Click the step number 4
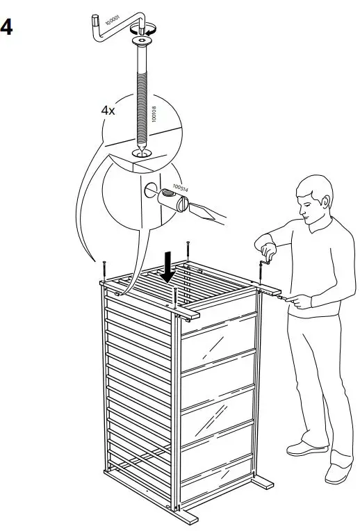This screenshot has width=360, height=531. (x=8, y=28)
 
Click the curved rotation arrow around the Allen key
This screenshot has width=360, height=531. (x=149, y=29)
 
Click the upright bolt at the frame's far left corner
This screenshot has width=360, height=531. (x=104, y=268)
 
